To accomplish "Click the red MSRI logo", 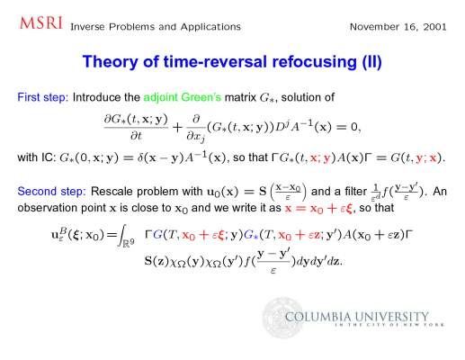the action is (x=41, y=23).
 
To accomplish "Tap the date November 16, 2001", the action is (x=398, y=27).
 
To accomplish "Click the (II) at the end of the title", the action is (x=371, y=62).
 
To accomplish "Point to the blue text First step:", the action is (x=43, y=97).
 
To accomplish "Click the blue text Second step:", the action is (x=51, y=192).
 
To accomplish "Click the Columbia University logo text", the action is (x=357, y=317).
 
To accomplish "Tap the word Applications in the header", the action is (x=210, y=27).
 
